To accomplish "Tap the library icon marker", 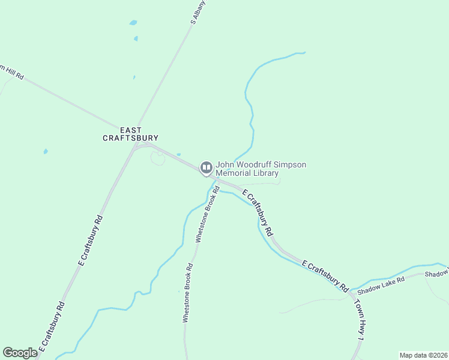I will [x=206, y=168].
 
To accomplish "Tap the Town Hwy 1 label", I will [x=358, y=321].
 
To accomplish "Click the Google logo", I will [x=20, y=353].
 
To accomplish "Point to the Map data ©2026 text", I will [x=423, y=355].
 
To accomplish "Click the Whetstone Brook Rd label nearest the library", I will [x=205, y=217].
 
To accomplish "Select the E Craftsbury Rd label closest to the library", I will [x=258, y=212].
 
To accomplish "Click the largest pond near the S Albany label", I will [x=133, y=23].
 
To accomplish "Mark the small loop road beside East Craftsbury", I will [x=158, y=158].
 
